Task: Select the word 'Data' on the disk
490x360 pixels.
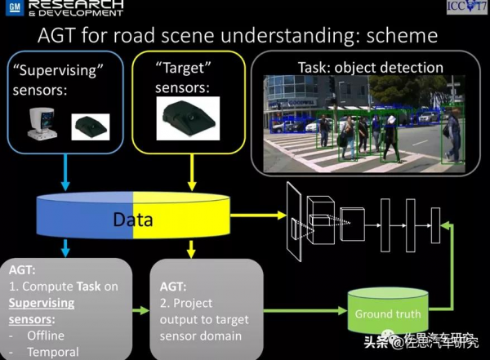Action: coord(132,220)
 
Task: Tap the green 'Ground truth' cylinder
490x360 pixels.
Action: coord(388,313)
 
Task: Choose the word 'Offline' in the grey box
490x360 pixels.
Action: coord(46,336)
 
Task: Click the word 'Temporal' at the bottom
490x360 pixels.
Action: coord(52,353)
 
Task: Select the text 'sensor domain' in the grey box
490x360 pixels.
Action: coord(201,336)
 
